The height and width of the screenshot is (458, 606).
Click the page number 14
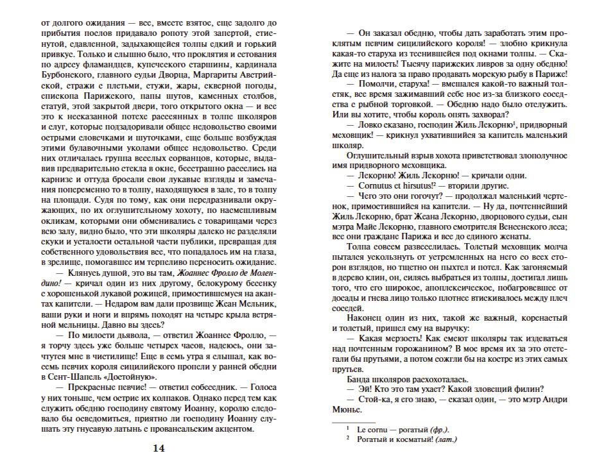(x=158, y=448)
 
